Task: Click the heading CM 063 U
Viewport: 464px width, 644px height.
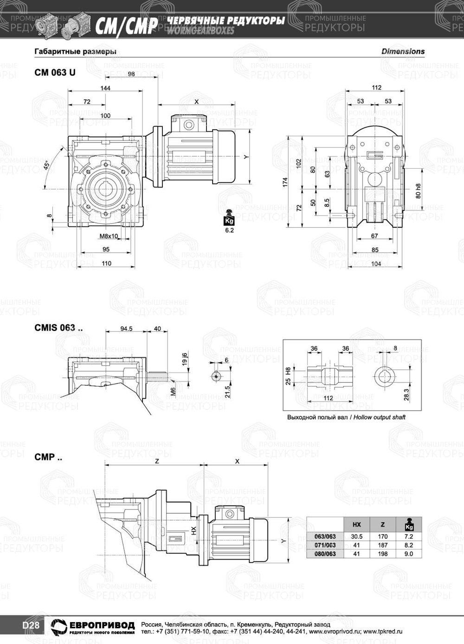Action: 55,73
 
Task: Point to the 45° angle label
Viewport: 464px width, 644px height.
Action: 46,166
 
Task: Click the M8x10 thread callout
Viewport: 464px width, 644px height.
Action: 109,236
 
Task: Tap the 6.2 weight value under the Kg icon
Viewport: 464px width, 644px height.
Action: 229,230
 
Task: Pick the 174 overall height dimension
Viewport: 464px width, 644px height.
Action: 285,182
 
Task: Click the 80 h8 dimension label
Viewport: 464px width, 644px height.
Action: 418,191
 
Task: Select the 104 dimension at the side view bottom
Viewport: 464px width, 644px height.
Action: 376,264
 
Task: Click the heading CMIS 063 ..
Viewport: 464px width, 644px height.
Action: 58,328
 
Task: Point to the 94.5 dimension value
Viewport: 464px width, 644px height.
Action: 126,329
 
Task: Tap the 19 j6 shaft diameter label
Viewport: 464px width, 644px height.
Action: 185,359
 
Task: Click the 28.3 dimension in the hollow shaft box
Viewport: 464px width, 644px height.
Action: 406,394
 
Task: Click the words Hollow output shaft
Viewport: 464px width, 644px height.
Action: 380,417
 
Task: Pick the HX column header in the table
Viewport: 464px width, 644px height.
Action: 357,525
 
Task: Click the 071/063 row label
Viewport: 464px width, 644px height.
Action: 325,545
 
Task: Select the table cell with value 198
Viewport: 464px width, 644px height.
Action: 382,554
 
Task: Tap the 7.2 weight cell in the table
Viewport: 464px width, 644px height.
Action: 409,536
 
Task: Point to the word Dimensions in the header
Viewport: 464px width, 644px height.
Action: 403,51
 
